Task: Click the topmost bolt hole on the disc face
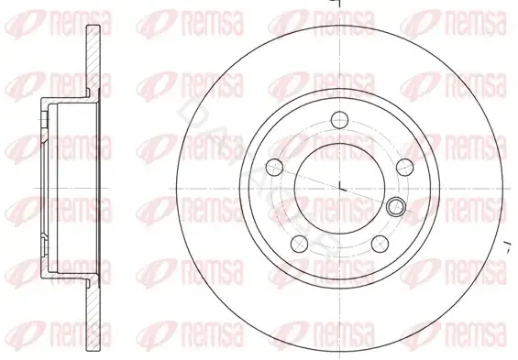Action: (339, 120)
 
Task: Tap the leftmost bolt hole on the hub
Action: (274, 168)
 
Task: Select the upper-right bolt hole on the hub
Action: (404, 168)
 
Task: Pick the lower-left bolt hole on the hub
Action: (300, 244)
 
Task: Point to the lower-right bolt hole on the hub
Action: (380, 244)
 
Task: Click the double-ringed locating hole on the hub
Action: (396, 207)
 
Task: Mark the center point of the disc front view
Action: (340, 189)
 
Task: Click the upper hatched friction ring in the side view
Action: (94, 61)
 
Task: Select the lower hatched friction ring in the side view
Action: (94, 316)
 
